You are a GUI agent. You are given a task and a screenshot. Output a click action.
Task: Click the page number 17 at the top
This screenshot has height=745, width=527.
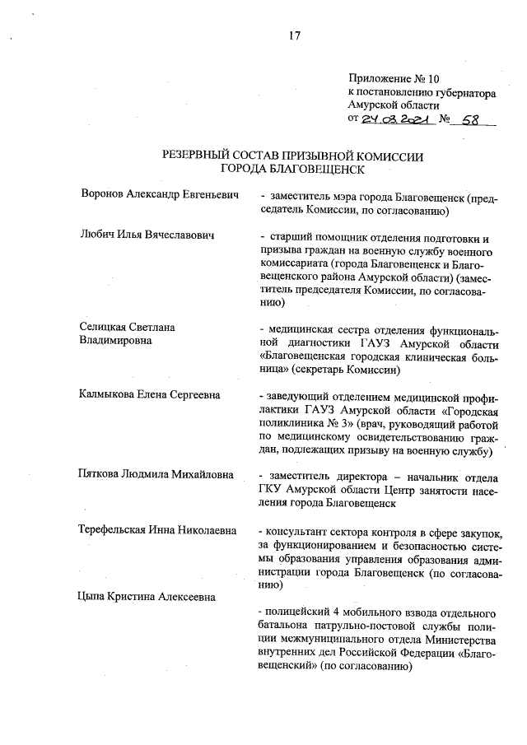(294, 35)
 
